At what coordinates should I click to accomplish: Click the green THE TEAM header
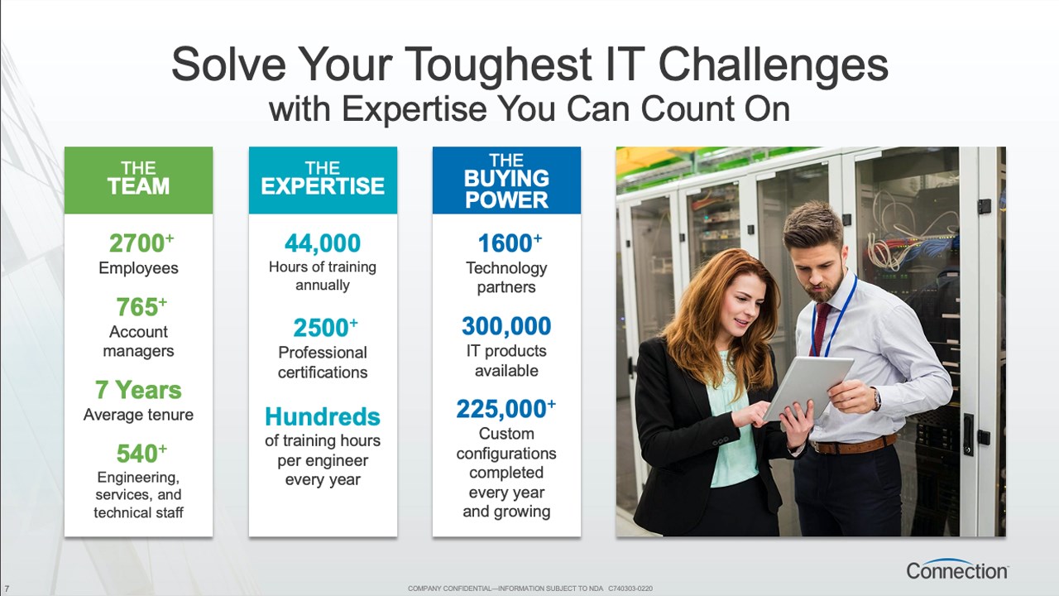(x=138, y=180)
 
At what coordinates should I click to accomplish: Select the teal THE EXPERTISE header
(x=323, y=180)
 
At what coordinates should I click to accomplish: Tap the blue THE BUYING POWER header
(x=506, y=180)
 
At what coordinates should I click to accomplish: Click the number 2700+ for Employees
(x=141, y=243)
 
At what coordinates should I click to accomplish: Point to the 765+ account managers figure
(x=141, y=306)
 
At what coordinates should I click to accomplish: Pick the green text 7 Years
(x=138, y=390)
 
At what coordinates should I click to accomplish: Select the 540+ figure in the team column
(x=141, y=453)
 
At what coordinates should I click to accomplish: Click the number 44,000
(x=323, y=243)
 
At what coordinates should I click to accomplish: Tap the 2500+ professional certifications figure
(x=325, y=327)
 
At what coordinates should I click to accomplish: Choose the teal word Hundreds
(x=323, y=416)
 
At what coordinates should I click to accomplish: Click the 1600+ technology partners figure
(x=510, y=243)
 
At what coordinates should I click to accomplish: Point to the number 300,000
(x=506, y=326)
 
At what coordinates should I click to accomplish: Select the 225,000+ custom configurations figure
(x=506, y=409)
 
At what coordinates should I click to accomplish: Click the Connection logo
(x=957, y=569)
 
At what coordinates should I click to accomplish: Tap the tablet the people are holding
(x=808, y=388)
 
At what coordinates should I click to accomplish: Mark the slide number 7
(x=7, y=589)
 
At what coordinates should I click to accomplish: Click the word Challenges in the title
(x=773, y=65)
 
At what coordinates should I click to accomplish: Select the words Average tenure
(x=138, y=415)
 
